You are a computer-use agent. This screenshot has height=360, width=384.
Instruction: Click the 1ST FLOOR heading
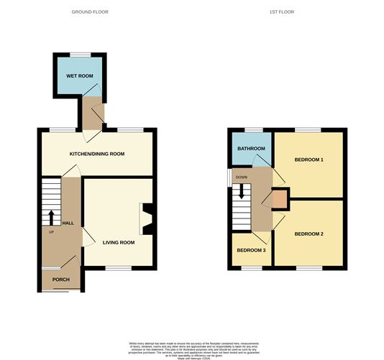(283, 11)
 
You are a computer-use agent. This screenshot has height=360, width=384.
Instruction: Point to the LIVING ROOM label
(119, 242)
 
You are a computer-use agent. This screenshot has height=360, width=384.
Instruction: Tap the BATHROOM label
(252, 149)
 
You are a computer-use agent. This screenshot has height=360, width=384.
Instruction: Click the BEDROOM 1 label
(308, 159)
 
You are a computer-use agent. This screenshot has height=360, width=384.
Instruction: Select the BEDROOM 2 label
(308, 234)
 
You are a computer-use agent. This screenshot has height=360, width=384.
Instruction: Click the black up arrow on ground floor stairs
(51, 216)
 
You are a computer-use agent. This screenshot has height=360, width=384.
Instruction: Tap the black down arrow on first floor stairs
(242, 192)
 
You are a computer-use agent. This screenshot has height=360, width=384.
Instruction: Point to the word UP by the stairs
(51, 232)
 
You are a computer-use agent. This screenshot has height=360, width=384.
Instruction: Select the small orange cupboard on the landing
(278, 197)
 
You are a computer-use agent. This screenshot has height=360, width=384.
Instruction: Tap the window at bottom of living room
(119, 269)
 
